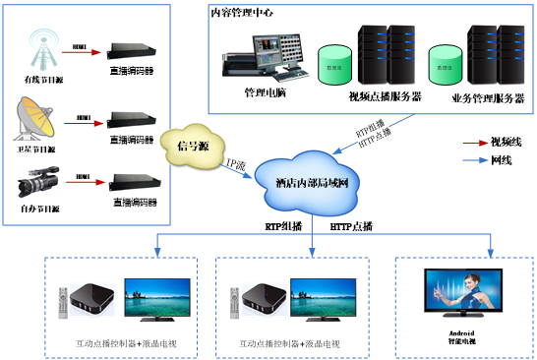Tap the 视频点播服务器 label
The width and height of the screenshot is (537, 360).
click(385, 96)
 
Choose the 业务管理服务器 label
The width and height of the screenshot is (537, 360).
click(488, 96)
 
